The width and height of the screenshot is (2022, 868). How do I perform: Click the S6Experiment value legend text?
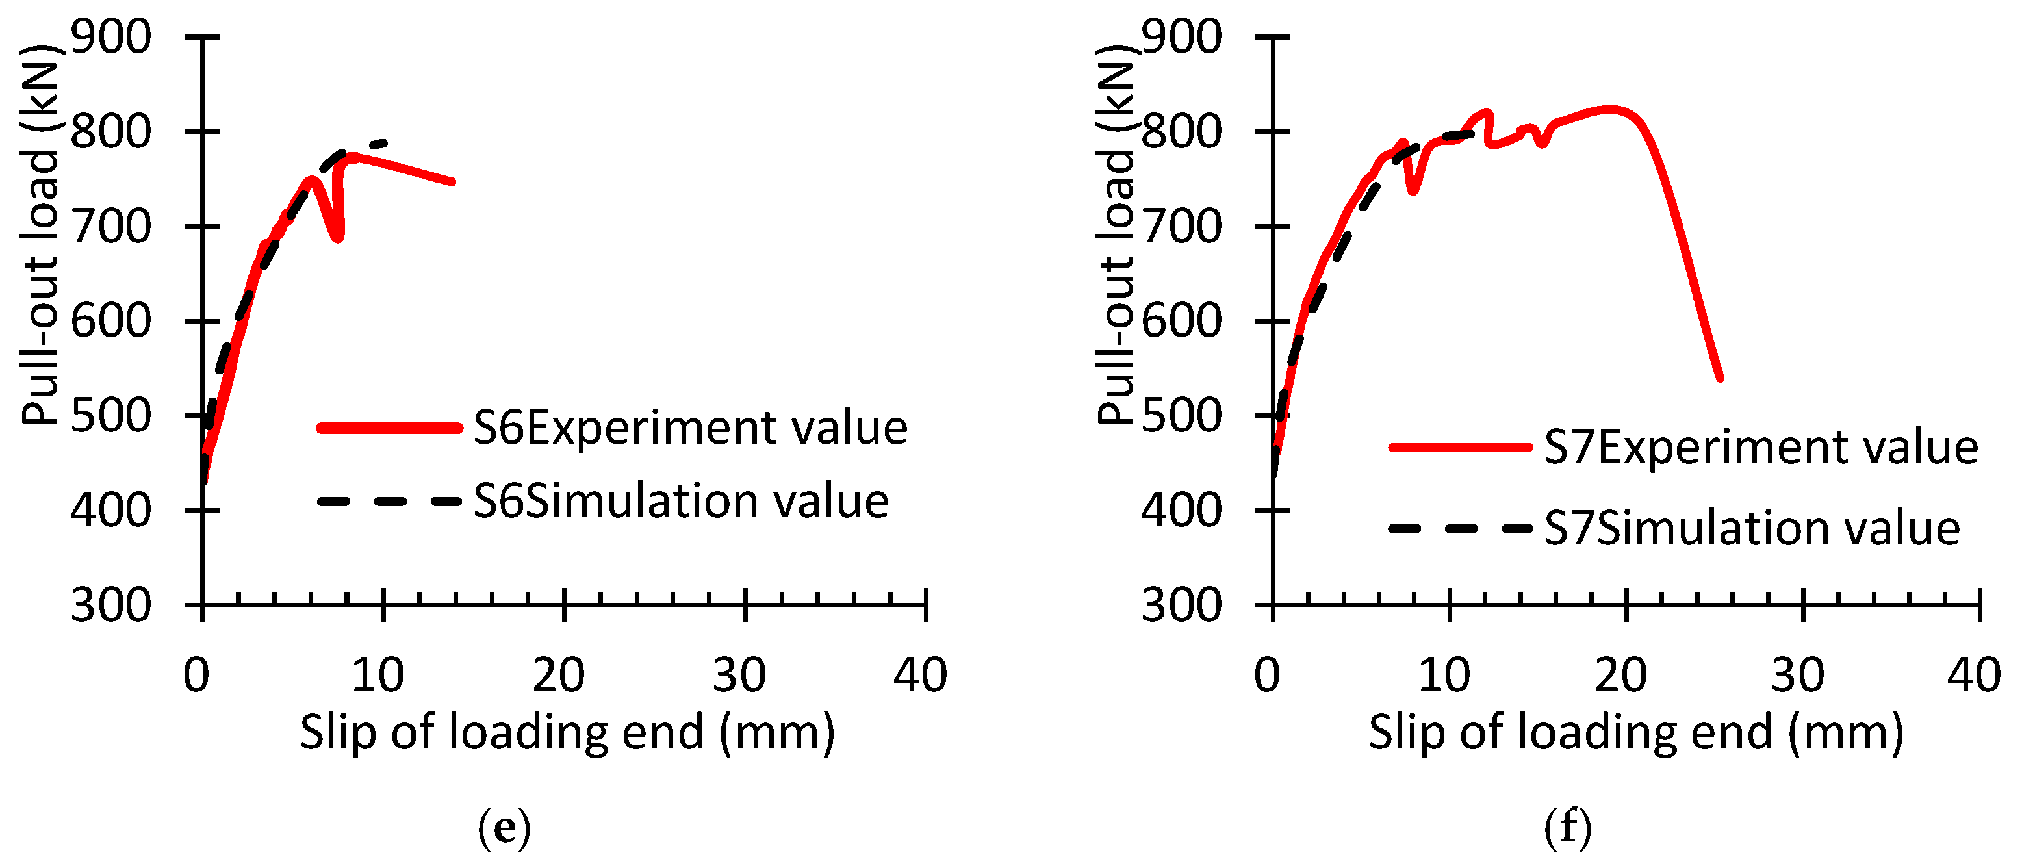click(690, 429)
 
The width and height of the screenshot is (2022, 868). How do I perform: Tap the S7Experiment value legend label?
click(1761, 448)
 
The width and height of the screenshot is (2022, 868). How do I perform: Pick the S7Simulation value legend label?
click(1752, 528)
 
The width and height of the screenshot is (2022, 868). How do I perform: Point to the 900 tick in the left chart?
click(110, 37)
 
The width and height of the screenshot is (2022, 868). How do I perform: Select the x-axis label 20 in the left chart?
click(558, 675)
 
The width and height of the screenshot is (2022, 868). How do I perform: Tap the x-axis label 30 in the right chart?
click(1797, 675)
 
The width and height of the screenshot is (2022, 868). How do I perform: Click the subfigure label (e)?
click(504, 828)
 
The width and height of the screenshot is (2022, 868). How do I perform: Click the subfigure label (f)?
click(1568, 828)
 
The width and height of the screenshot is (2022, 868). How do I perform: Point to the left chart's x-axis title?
click(567, 732)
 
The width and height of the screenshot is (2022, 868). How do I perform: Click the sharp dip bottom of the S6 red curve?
click(337, 238)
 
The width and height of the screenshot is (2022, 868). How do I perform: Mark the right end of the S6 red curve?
click(453, 182)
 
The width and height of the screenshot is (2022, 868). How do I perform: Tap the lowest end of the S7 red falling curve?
click(1720, 378)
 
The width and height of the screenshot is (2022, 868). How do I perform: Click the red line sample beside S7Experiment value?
click(1460, 448)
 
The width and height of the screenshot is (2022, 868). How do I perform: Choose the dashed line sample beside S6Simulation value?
click(389, 502)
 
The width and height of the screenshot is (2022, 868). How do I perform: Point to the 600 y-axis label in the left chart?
click(110, 321)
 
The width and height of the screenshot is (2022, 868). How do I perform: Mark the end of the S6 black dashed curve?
click(385, 143)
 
